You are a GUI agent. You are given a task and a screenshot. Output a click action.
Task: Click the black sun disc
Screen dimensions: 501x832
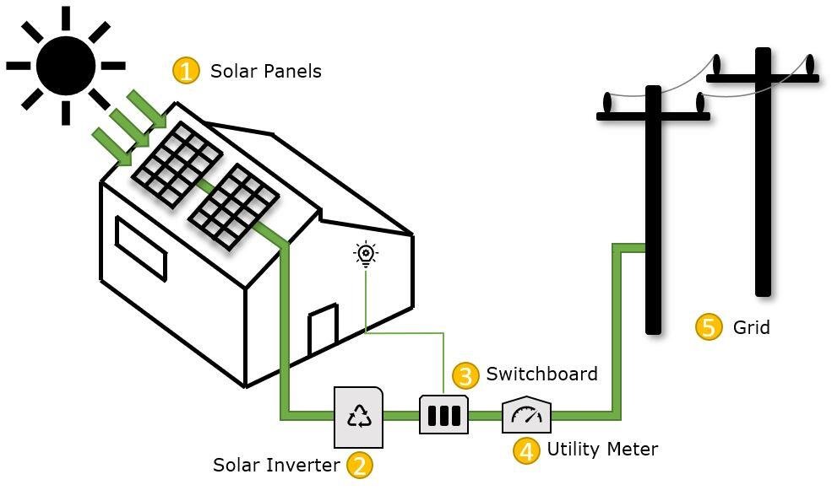point(65,65)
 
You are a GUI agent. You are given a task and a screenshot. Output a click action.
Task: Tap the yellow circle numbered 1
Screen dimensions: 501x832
point(186,70)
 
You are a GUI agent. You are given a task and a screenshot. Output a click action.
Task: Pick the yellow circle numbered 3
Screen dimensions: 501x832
point(465,375)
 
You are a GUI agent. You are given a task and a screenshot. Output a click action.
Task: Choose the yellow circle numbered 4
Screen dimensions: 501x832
point(526,450)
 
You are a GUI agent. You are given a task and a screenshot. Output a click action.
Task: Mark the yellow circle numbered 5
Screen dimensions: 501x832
point(709,327)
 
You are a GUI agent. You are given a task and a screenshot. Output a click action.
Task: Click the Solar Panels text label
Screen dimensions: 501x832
point(265,71)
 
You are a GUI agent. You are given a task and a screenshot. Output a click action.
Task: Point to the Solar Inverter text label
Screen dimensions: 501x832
point(275,465)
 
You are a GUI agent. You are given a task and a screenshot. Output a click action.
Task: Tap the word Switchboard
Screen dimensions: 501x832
point(541,374)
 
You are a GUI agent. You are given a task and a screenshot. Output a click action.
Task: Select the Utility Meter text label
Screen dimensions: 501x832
point(601,449)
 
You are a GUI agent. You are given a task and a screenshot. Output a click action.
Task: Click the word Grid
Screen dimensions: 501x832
point(751,327)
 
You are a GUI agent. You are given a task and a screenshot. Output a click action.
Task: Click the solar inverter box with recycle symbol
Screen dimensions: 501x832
point(359,417)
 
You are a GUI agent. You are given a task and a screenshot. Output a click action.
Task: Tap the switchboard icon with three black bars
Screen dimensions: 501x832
point(443,415)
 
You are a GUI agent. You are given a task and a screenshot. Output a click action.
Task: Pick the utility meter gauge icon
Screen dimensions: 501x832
point(527,414)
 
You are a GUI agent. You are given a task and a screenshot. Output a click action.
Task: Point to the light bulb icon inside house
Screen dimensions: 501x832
point(365,253)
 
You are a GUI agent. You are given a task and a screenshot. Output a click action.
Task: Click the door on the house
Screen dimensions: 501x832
point(323,331)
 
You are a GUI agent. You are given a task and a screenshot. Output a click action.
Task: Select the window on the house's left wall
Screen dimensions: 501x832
point(140,247)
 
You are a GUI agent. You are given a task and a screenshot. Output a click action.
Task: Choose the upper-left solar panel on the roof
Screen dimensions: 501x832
point(177,164)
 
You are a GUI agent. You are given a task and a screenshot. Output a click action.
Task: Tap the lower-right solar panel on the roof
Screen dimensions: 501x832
point(233,207)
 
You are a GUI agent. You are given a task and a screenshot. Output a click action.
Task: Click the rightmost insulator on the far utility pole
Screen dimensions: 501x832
point(809,65)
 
